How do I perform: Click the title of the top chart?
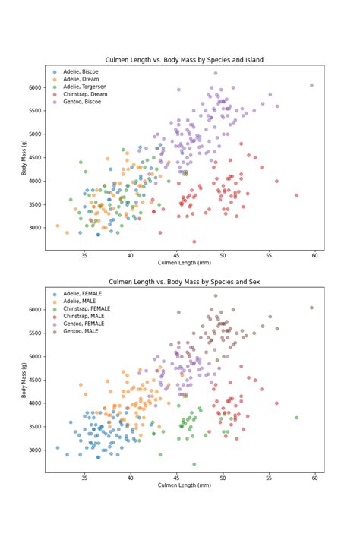185,59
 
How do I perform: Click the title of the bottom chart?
185,282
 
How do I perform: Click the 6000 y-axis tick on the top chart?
35,88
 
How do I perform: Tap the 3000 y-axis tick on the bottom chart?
35,450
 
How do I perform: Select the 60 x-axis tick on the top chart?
315,255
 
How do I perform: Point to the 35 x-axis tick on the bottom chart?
84,478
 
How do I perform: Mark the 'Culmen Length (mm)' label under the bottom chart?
185,485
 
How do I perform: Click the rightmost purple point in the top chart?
311,85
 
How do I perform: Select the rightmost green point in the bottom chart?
297,418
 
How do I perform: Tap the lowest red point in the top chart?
194,242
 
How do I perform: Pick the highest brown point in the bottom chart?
216,295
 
